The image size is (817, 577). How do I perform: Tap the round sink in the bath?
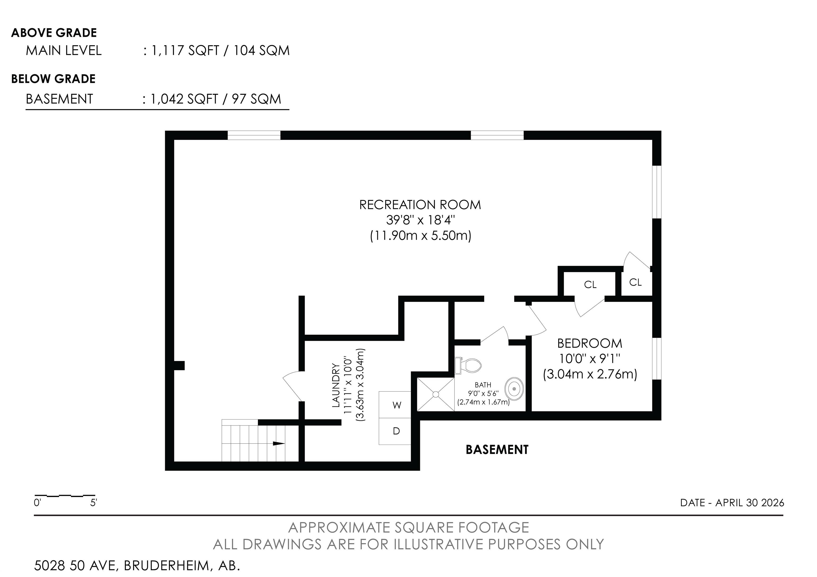(x=515, y=389)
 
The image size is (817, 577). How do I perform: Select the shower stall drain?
(x=436, y=394)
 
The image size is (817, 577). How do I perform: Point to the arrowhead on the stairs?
(x=279, y=443)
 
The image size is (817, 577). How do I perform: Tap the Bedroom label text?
(x=590, y=343)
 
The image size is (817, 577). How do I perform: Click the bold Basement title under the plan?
(x=497, y=450)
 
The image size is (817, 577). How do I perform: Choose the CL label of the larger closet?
(x=590, y=284)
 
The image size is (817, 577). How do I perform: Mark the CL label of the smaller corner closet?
(x=636, y=282)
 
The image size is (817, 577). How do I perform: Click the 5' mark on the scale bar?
(x=94, y=503)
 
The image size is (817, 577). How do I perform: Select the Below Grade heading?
(x=53, y=79)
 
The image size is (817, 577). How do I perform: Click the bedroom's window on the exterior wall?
(x=657, y=359)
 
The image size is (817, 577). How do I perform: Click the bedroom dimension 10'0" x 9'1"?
(x=590, y=359)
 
